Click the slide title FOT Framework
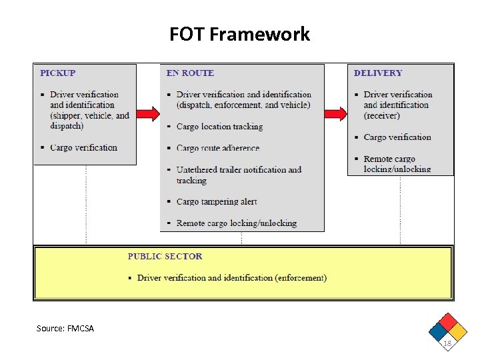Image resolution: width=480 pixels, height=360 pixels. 239,34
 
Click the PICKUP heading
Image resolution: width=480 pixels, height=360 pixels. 58,73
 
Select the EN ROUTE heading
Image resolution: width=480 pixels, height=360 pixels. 190,73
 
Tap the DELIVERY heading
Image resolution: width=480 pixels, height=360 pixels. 378,73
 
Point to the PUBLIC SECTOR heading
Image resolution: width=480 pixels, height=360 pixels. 165,256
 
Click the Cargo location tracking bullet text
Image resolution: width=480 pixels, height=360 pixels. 219,127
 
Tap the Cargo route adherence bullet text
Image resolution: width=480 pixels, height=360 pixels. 218,148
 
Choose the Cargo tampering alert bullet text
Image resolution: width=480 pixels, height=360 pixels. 217,201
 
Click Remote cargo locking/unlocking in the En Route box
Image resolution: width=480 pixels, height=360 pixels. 236,223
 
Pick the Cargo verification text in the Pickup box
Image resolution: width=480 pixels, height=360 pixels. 83,148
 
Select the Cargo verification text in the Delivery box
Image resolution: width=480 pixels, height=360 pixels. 397,137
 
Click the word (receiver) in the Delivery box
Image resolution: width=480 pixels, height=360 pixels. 382,116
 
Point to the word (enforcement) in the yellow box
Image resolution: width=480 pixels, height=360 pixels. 301,278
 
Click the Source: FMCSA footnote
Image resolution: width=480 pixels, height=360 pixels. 65,328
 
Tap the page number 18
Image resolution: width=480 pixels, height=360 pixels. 447,343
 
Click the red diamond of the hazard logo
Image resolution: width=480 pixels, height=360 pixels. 448,321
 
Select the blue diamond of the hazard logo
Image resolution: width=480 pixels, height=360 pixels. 438,331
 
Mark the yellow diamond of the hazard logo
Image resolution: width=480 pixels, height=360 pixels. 458,331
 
